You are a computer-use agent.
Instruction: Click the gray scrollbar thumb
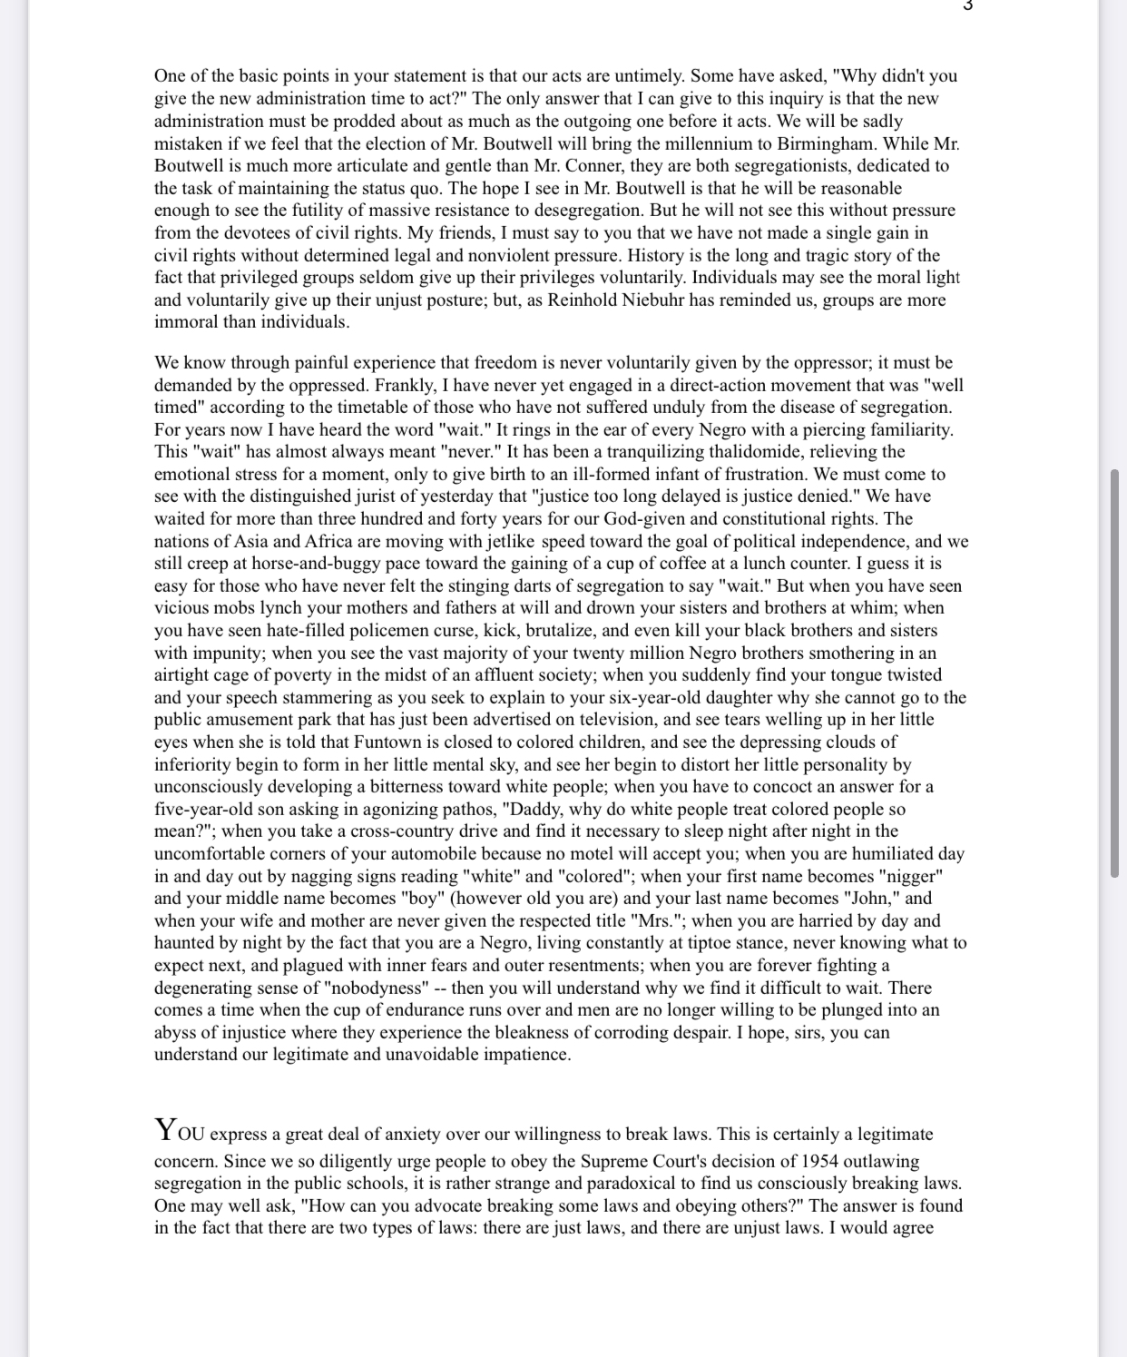[1114, 673]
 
